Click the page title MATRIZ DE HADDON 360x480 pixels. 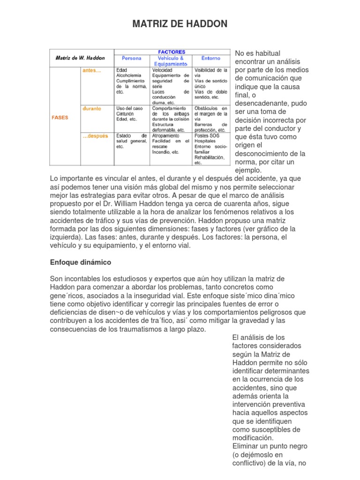pyautogui.click(x=180, y=24)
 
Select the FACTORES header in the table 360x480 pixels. pyautogui.click(x=172, y=52)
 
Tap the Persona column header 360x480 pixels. pyautogui.click(x=131, y=59)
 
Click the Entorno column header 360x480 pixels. pyautogui.click(x=210, y=59)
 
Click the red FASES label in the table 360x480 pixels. pyautogui.click(x=60, y=118)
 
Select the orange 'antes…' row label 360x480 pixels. pyautogui.click(x=91, y=70)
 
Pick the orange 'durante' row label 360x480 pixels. pyautogui.click(x=92, y=108)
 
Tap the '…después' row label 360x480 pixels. pyautogui.click(x=95, y=136)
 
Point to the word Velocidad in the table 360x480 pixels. pyautogui.click(x=162, y=70)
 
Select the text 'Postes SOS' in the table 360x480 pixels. pyautogui.click(x=206, y=135)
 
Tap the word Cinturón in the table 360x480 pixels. pyautogui.click(x=126, y=113)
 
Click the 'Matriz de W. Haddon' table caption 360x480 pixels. pyautogui.click(x=80, y=58)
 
